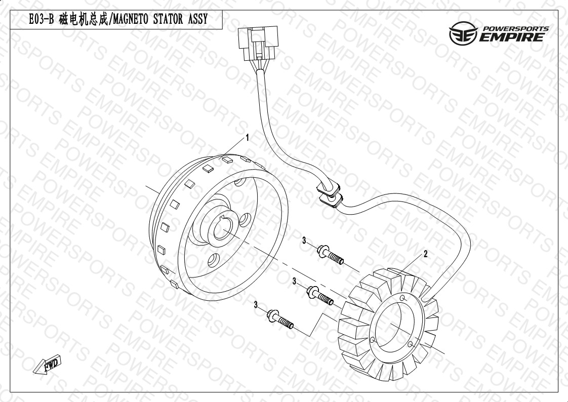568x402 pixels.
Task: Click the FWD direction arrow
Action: [47, 365]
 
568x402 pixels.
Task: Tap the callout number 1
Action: [248, 138]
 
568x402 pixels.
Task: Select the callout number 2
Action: [426, 254]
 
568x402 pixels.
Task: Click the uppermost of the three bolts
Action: [330, 255]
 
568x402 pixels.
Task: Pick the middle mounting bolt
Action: [320, 296]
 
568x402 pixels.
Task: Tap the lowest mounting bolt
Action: [280, 319]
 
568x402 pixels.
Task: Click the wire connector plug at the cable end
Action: [258, 43]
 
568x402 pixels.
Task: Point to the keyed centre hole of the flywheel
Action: [224, 229]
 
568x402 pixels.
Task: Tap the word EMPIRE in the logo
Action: [512, 37]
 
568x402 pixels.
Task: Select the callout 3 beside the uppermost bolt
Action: [304, 240]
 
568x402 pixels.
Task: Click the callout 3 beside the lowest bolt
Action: [256, 305]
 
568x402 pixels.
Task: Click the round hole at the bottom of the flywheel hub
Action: [214, 260]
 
